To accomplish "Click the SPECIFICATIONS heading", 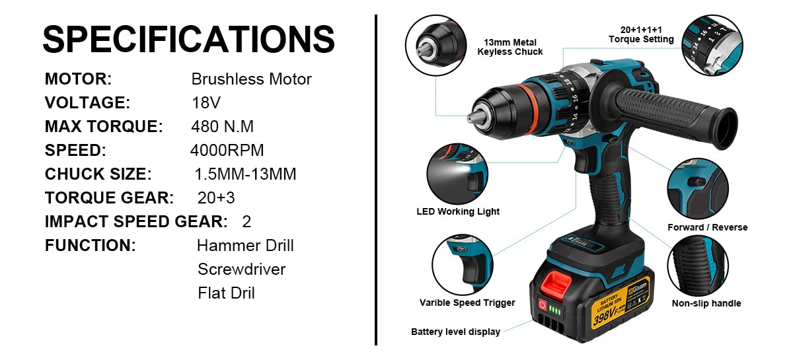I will point(188,39).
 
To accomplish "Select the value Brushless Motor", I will point(251,79).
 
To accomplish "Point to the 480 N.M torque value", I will point(222,127).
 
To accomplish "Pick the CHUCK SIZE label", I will point(98,174).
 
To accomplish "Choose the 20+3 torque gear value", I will point(216,198).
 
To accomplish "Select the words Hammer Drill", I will point(245,246).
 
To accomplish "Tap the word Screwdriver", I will point(241,270).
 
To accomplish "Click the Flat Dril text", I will point(226,293).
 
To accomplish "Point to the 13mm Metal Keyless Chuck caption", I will point(510,47).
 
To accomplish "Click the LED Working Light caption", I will point(458,212).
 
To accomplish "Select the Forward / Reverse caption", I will point(707,227).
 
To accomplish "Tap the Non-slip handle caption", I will point(706,304).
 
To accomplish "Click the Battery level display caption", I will point(455,332).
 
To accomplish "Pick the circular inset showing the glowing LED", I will point(457,174).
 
